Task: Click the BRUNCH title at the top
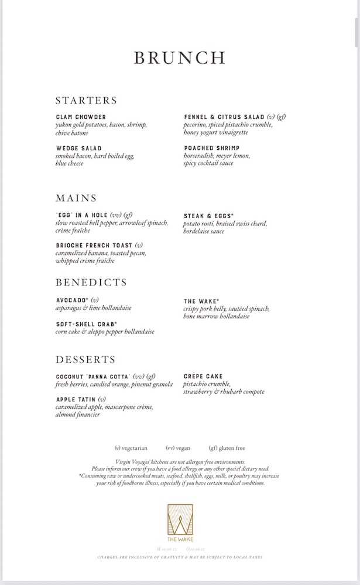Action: point(180,57)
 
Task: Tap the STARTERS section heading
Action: point(87,100)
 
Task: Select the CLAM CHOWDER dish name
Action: point(81,117)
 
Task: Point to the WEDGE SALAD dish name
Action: point(78,149)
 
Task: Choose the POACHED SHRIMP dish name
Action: point(211,149)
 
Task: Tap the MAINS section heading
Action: point(76,198)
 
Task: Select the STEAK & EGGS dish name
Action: point(208,216)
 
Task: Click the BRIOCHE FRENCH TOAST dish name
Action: point(94,245)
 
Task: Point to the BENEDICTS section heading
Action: point(91,283)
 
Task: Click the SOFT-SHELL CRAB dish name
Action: point(86,324)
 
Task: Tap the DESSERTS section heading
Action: point(85,359)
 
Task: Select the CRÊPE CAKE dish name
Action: point(203,376)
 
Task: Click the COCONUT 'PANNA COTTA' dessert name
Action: point(92,376)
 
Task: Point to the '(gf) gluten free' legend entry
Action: point(227,448)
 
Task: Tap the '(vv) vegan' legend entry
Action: point(180,448)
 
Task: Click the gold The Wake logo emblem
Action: point(180,519)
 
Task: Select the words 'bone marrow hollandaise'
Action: point(217,316)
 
